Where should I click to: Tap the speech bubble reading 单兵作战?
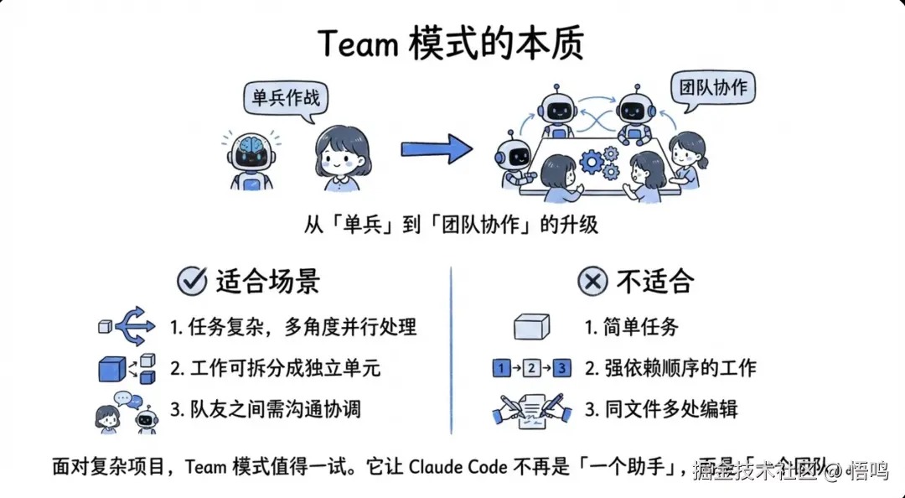[x=286, y=97]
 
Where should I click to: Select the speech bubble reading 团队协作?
[x=713, y=88]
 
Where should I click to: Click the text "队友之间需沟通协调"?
[x=277, y=410]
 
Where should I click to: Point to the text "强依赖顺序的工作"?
[x=680, y=368]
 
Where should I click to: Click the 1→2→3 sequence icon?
[x=531, y=368]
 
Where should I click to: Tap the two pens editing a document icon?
[x=532, y=410]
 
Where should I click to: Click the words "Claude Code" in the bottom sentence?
[x=458, y=467]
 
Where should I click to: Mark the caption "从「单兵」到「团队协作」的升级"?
[x=452, y=225]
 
